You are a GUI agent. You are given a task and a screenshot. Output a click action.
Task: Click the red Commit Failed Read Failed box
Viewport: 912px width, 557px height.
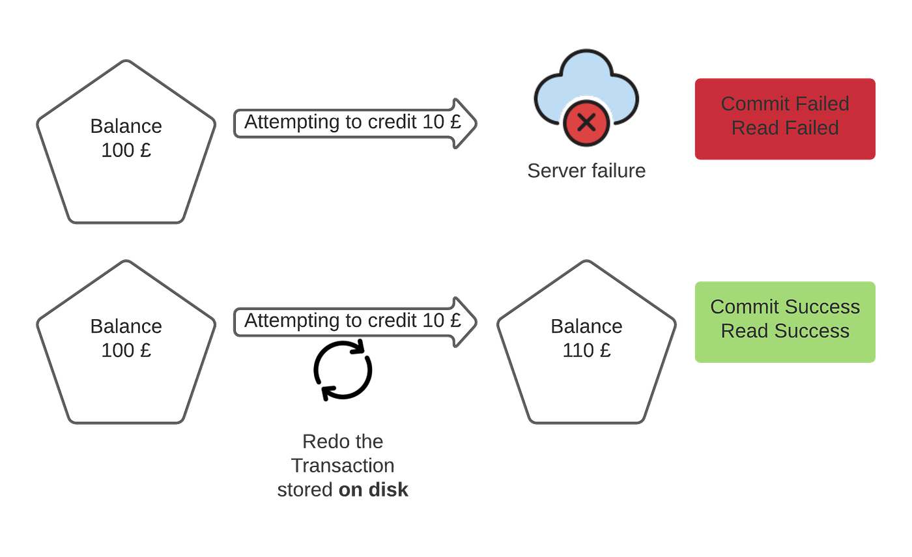pyautogui.click(x=785, y=119)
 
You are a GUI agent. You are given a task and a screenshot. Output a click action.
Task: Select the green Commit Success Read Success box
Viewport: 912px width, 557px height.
pyautogui.click(x=785, y=322)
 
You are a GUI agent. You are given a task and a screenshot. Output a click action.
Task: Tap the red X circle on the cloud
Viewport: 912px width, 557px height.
pyautogui.click(x=586, y=122)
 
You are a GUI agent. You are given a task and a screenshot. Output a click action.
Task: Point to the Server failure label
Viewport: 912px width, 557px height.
pyautogui.click(x=586, y=171)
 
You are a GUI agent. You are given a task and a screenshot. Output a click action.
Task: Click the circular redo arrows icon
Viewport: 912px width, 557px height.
pyautogui.click(x=343, y=370)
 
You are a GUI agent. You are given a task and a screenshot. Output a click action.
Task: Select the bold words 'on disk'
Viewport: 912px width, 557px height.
pyautogui.click(x=373, y=489)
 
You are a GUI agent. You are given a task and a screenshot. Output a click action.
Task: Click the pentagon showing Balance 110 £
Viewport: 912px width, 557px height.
pyautogui.click(x=586, y=342)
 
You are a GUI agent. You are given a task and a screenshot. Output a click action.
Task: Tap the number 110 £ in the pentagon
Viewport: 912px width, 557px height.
pyautogui.click(x=586, y=350)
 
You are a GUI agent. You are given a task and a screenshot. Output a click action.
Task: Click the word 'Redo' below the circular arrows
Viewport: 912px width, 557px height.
pyautogui.click(x=321, y=442)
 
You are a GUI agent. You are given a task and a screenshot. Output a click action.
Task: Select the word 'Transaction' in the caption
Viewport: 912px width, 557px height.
pyautogui.click(x=343, y=465)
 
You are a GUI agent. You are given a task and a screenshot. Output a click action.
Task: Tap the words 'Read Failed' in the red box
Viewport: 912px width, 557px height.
pyautogui.click(x=785, y=128)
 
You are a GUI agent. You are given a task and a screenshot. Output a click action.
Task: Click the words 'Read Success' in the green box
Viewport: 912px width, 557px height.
pyautogui.click(x=785, y=331)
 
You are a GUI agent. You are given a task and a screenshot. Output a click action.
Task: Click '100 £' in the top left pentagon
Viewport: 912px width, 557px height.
pyautogui.click(x=126, y=150)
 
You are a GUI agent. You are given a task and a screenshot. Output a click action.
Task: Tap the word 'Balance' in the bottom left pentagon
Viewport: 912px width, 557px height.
pyautogui.click(x=126, y=326)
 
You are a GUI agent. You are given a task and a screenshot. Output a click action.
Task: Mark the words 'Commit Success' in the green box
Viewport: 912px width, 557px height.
pyautogui.click(x=785, y=307)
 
